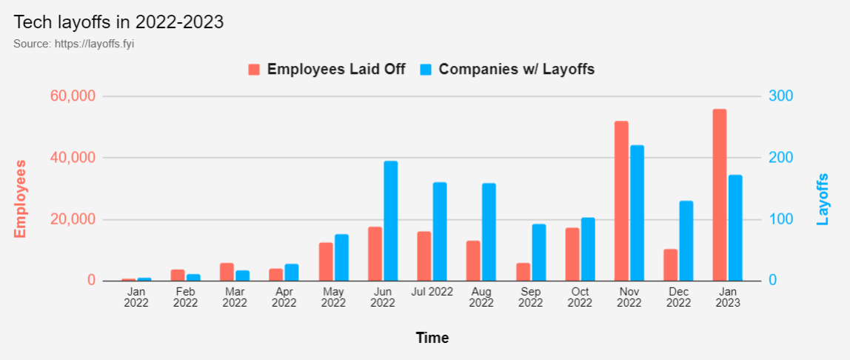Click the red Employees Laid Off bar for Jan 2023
(x=720, y=196)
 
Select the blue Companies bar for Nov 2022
(x=637, y=213)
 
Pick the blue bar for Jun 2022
(x=390, y=221)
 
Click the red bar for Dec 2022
(x=671, y=265)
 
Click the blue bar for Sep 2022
(x=538, y=253)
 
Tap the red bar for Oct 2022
(x=572, y=255)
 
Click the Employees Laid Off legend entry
(x=327, y=69)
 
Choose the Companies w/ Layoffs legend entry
(x=507, y=69)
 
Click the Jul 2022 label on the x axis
(x=432, y=292)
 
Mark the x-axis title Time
(x=432, y=338)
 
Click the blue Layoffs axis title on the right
(x=823, y=199)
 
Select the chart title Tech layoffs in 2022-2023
(x=118, y=22)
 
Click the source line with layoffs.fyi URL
(x=73, y=44)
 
